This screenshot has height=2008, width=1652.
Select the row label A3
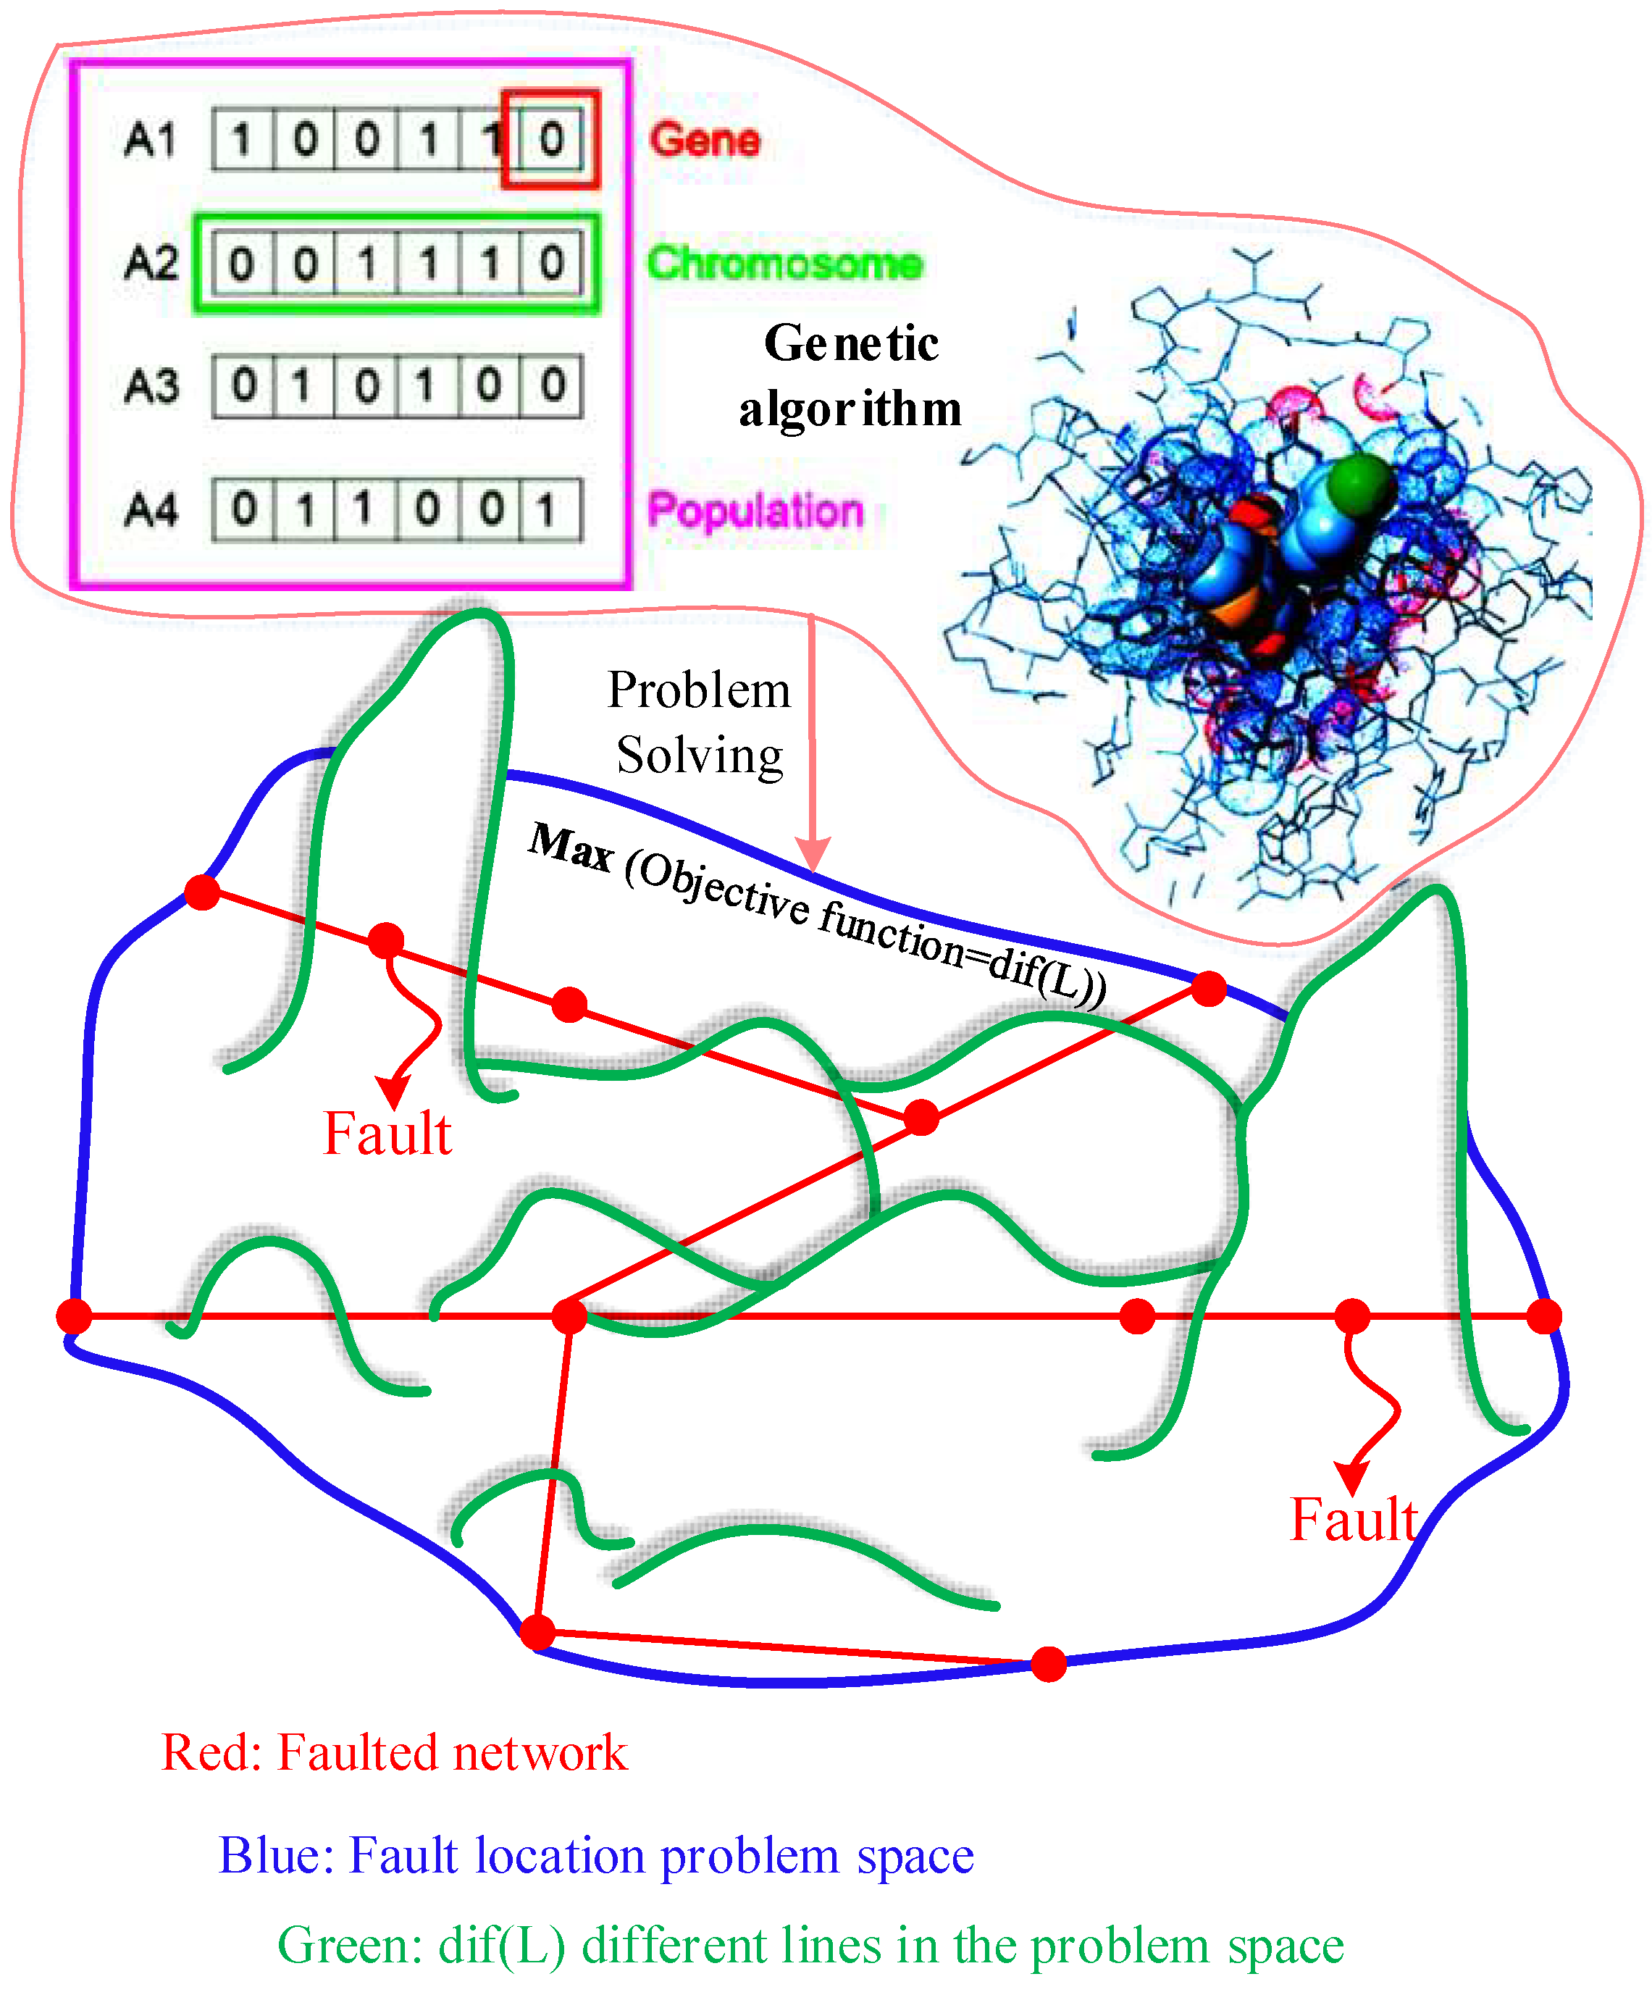[151, 386]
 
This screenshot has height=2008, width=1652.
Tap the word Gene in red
[704, 140]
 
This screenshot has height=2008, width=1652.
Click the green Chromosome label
[784, 263]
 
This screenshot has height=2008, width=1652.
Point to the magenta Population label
[755, 510]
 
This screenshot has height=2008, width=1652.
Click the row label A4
[151, 510]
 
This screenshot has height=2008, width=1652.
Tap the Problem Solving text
[700, 722]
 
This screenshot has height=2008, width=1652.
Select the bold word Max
[570, 846]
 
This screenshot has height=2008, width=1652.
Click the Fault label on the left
[387, 1134]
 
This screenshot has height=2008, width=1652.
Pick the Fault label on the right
[1353, 1519]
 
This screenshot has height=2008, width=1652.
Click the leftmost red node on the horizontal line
[74, 1316]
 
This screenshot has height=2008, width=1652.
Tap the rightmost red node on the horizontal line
[1543, 1316]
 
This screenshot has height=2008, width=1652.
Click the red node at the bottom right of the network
[1049, 1665]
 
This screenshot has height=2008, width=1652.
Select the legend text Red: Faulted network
[395, 1753]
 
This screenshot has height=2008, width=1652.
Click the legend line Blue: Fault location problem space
[597, 1856]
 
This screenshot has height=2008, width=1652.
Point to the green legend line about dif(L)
[810, 1945]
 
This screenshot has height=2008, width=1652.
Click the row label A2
[151, 263]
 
